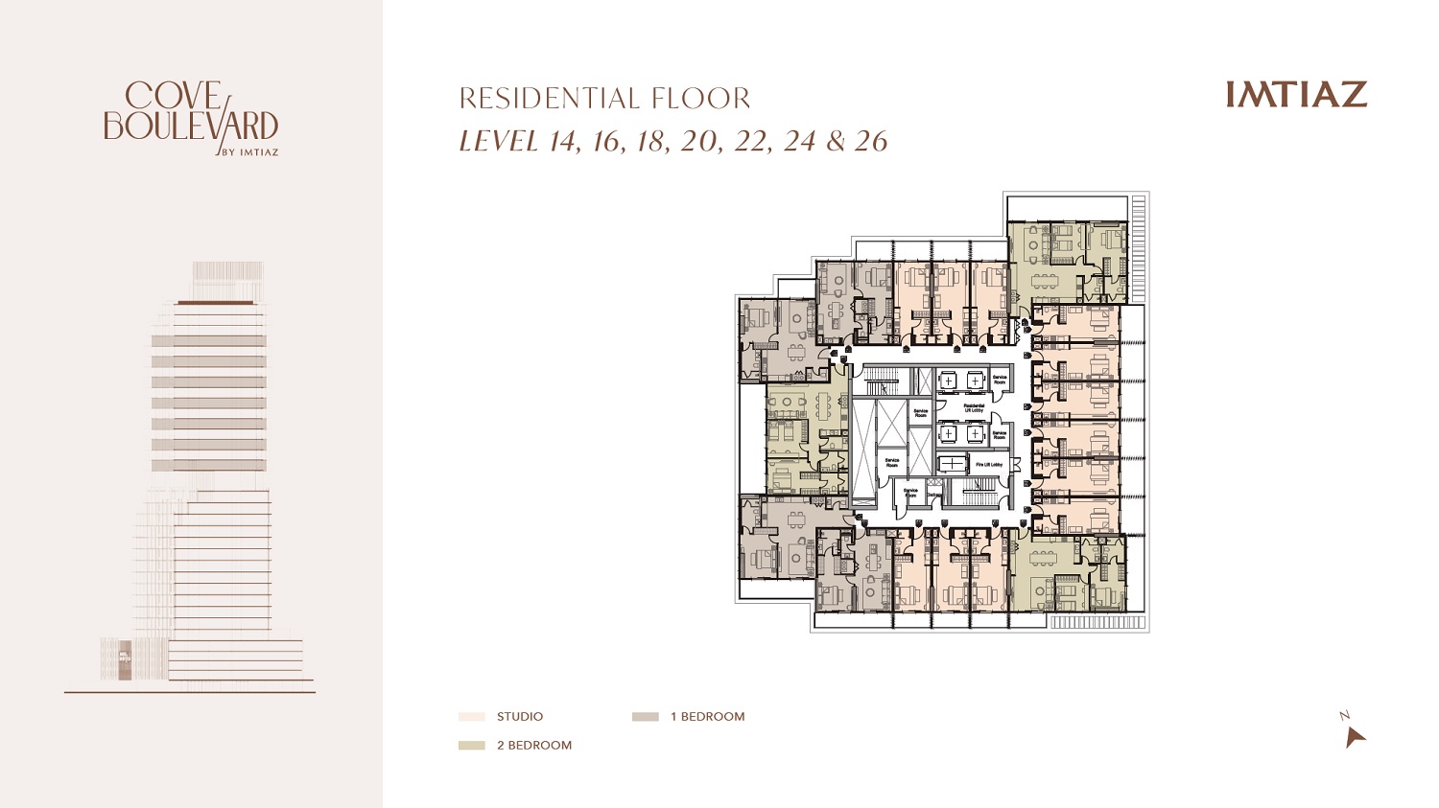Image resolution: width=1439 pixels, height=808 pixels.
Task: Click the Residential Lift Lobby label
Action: (973, 407)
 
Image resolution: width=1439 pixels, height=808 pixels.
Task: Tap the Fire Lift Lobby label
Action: (988, 465)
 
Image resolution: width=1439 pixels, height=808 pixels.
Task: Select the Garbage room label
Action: (932, 495)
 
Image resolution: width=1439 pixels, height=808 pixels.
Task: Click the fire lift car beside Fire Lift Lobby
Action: (952, 465)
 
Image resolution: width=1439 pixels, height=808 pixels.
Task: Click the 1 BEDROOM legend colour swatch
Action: (646, 717)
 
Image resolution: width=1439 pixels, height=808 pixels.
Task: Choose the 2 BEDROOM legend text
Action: (533, 746)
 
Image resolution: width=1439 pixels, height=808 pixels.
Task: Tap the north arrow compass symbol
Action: (1354, 736)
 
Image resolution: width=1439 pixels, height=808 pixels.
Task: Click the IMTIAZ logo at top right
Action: (1296, 94)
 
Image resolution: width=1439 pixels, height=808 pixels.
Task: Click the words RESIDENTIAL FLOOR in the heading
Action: (604, 99)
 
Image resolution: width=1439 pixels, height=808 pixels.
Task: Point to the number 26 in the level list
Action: (871, 142)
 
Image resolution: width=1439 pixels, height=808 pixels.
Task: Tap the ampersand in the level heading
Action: (836, 142)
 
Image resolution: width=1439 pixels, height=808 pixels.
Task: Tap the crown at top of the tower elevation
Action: (227, 279)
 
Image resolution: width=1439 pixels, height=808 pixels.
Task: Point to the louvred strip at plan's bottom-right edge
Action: (1098, 623)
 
